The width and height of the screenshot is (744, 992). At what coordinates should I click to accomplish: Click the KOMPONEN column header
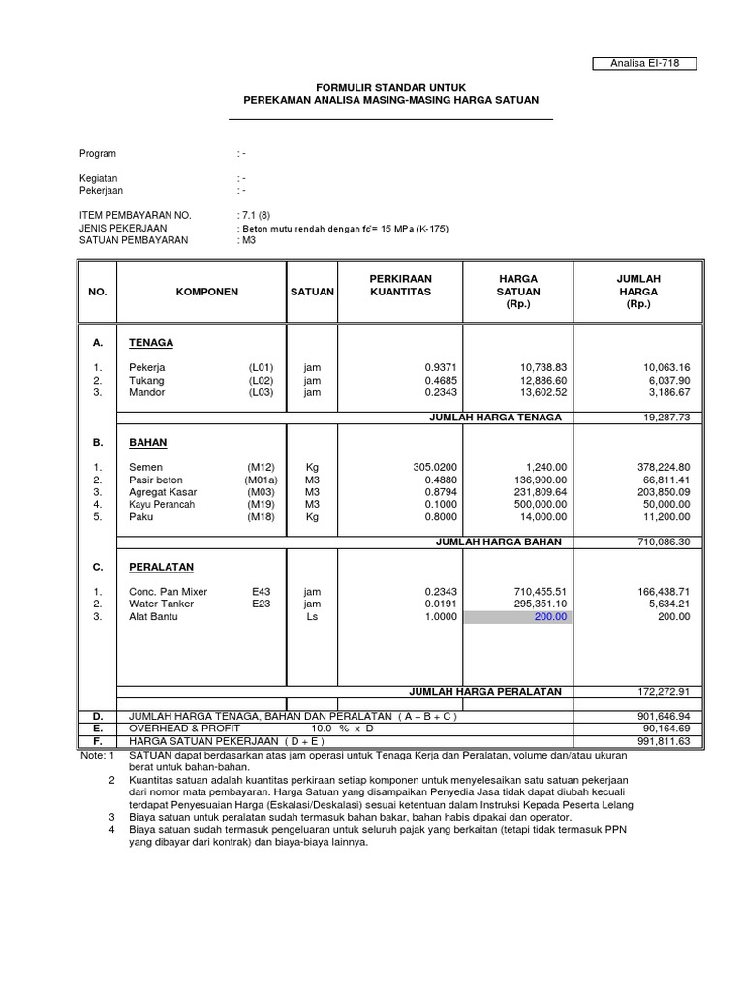coord(206,291)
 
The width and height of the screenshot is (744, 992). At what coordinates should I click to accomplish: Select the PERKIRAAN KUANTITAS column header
coord(397,284)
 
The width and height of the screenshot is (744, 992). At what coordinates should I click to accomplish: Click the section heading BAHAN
coord(147,442)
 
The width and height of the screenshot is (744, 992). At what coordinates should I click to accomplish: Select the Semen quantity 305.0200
coord(434,467)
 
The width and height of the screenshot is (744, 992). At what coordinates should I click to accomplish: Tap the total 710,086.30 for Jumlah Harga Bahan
coord(663,542)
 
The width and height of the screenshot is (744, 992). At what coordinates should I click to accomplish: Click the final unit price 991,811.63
coord(663,740)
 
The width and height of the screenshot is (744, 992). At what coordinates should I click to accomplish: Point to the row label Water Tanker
coord(161,604)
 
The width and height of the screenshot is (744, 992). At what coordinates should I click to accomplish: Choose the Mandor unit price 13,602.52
coord(538,392)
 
